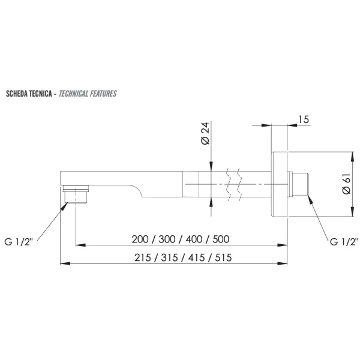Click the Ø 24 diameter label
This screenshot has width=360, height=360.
coord(205,133)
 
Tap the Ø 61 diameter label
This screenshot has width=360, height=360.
coord(346,184)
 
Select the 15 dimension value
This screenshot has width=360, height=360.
coord(303,119)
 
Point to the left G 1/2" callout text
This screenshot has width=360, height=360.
coord(19,242)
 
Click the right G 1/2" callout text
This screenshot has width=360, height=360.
coord(344,242)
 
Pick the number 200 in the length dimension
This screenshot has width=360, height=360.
coord(140,239)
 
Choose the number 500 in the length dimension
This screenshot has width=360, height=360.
coord(221,239)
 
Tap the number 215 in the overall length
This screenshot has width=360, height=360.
coord(143,257)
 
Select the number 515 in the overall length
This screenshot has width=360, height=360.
coord(223,257)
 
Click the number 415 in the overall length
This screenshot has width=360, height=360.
coord(197,257)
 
